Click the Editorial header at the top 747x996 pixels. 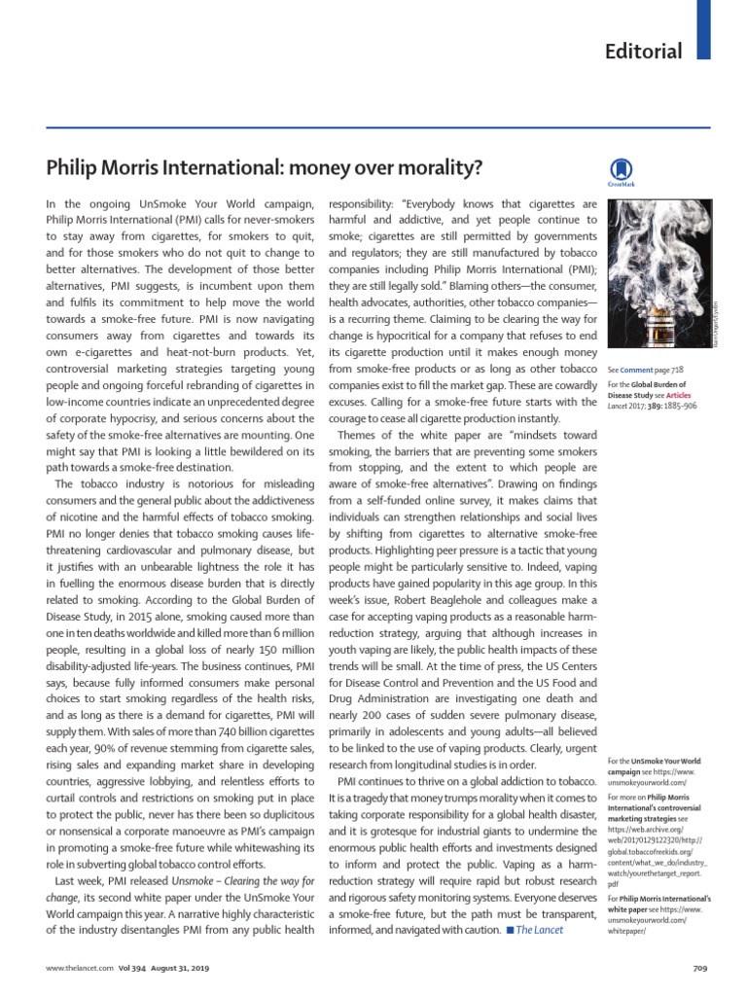tap(645, 52)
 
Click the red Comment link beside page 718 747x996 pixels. tap(637, 371)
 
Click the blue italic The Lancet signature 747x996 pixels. tap(539, 930)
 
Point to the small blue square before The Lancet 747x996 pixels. tap(509, 931)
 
